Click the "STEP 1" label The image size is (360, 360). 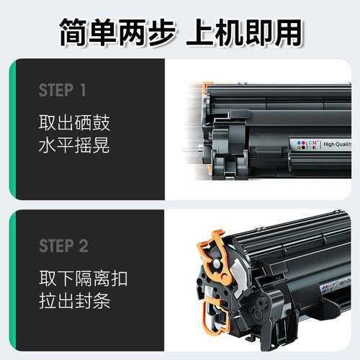click(63, 91)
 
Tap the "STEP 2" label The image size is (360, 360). click(63, 246)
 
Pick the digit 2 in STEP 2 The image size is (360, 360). click(84, 246)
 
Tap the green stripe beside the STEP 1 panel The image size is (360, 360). click(12, 130)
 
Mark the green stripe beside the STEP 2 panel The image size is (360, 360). click(12, 284)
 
